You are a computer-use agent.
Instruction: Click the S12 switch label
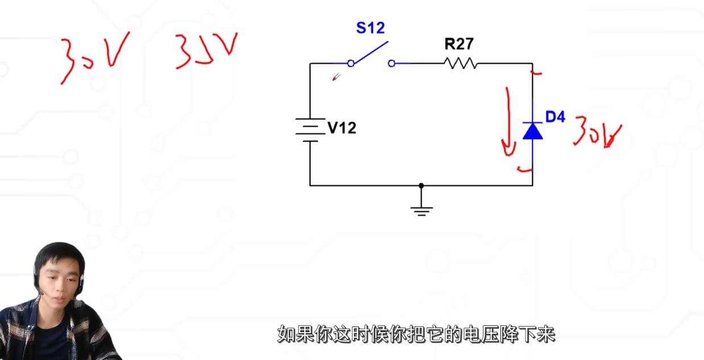click(x=370, y=27)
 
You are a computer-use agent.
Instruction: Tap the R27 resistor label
click(x=458, y=44)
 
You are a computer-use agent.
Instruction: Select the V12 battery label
click(x=342, y=128)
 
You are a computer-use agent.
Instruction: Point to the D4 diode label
click(x=555, y=117)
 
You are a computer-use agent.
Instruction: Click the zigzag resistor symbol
click(x=461, y=63)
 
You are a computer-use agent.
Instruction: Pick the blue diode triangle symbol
click(x=532, y=131)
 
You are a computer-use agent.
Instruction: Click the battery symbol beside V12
click(x=310, y=130)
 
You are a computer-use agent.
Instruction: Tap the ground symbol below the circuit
click(x=421, y=210)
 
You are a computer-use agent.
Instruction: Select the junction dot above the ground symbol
click(x=421, y=185)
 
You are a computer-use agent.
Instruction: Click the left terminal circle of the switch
click(x=351, y=63)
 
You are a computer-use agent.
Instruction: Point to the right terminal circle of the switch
click(x=391, y=63)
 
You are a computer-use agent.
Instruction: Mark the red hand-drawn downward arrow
click(x=506, y=122)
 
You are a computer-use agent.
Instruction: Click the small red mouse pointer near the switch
click(x=336, y=77)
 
